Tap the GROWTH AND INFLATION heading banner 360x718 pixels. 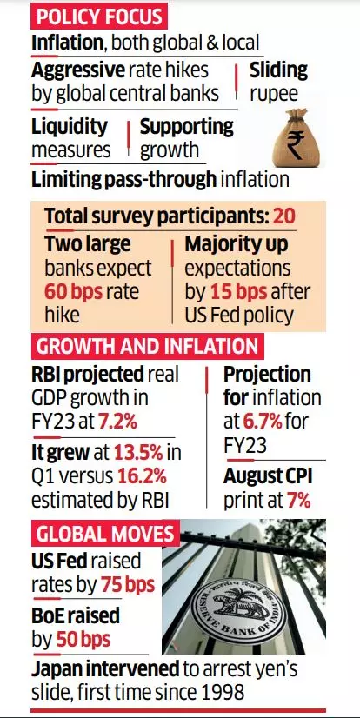[x=146, y=347]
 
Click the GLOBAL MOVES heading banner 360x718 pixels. [x=104, y=533]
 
